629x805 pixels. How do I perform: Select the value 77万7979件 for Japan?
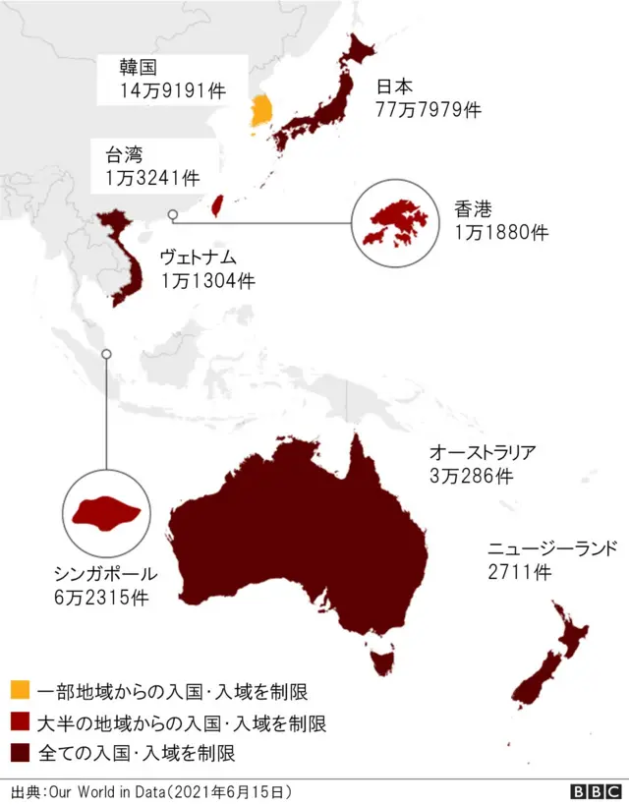point(428,109)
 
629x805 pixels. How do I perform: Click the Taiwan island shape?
point(218,204)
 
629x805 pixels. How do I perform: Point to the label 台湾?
point(124,154)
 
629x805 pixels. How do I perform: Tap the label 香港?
point(473,209)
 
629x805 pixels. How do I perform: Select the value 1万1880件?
point(501,233)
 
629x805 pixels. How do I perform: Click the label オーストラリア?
point(483,453)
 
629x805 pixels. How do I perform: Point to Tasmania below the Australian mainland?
point(380,657)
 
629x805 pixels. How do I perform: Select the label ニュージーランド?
point(551,548)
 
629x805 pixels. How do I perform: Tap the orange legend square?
point(20,692)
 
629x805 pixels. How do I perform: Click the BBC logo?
point(596,791)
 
